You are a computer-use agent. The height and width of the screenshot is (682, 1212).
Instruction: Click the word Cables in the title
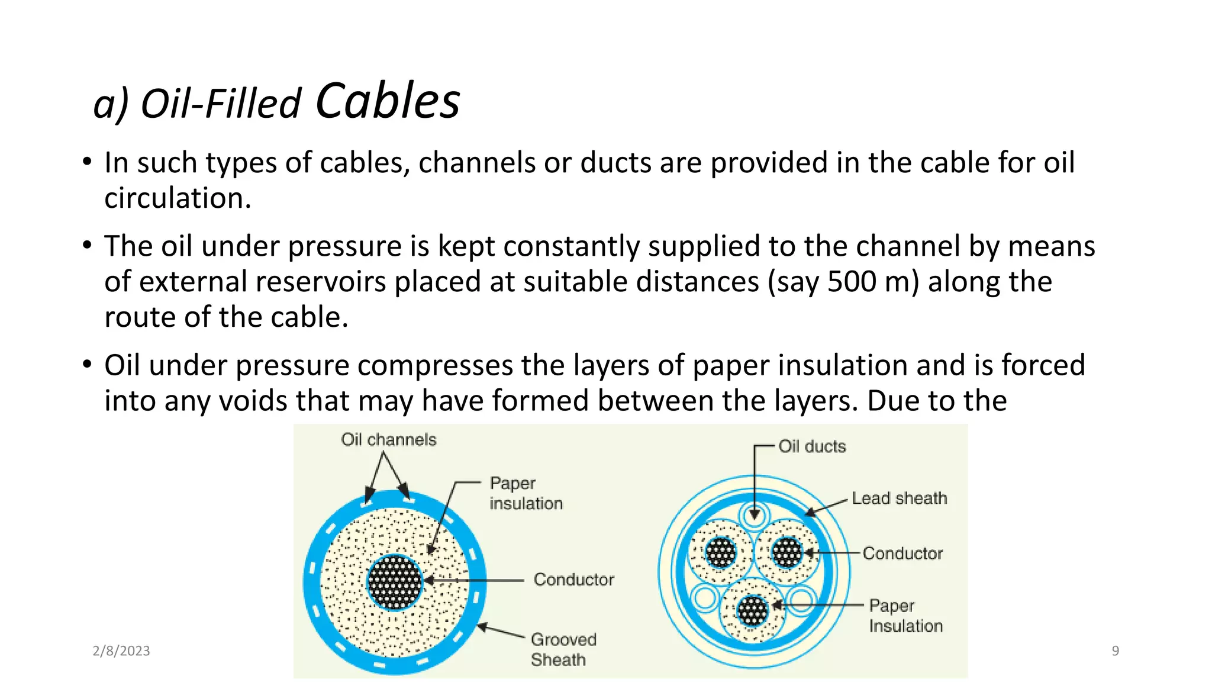pyautogui.click(x=388, y=101)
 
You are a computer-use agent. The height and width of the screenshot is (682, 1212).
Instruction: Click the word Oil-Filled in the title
pyautogui.click(x=221, y=104)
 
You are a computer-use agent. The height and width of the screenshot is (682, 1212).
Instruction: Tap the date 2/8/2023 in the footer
pyautogui.click(x=121, y=651)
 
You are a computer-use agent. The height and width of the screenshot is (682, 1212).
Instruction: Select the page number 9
pyautogui.click(x=1115, y=651)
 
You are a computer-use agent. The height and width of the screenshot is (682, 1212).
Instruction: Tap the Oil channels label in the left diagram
pyautogui.click(x=388, y=439)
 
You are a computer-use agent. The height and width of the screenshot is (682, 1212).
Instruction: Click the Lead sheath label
pyautogui.click(x=899, y=498)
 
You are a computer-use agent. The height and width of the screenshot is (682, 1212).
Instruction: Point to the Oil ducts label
pyautogui.click(x=811, y=446)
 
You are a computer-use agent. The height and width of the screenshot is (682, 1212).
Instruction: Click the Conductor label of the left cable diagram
pyautogui.click(x=573, y=579)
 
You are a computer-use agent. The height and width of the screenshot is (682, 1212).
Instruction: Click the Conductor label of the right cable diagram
pyautogui.click(x=902, y=553)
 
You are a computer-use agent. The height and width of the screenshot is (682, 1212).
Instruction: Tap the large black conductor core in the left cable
pyautogui.click(x=395, y=583)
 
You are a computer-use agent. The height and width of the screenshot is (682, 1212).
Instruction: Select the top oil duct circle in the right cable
pyautogui.click(x=754, y=514)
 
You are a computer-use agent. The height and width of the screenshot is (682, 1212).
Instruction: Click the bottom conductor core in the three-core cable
pyautogui.click(x=753, y=610)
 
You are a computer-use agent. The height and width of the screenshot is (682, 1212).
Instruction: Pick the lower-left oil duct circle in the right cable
pyautogui.click(x=704, y=597)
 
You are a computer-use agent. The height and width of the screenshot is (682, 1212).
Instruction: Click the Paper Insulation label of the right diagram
pyautogui.click(x=905, y=616)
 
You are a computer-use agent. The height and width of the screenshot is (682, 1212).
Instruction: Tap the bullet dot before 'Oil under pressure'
pyautogui.click(x=87, y=364)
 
